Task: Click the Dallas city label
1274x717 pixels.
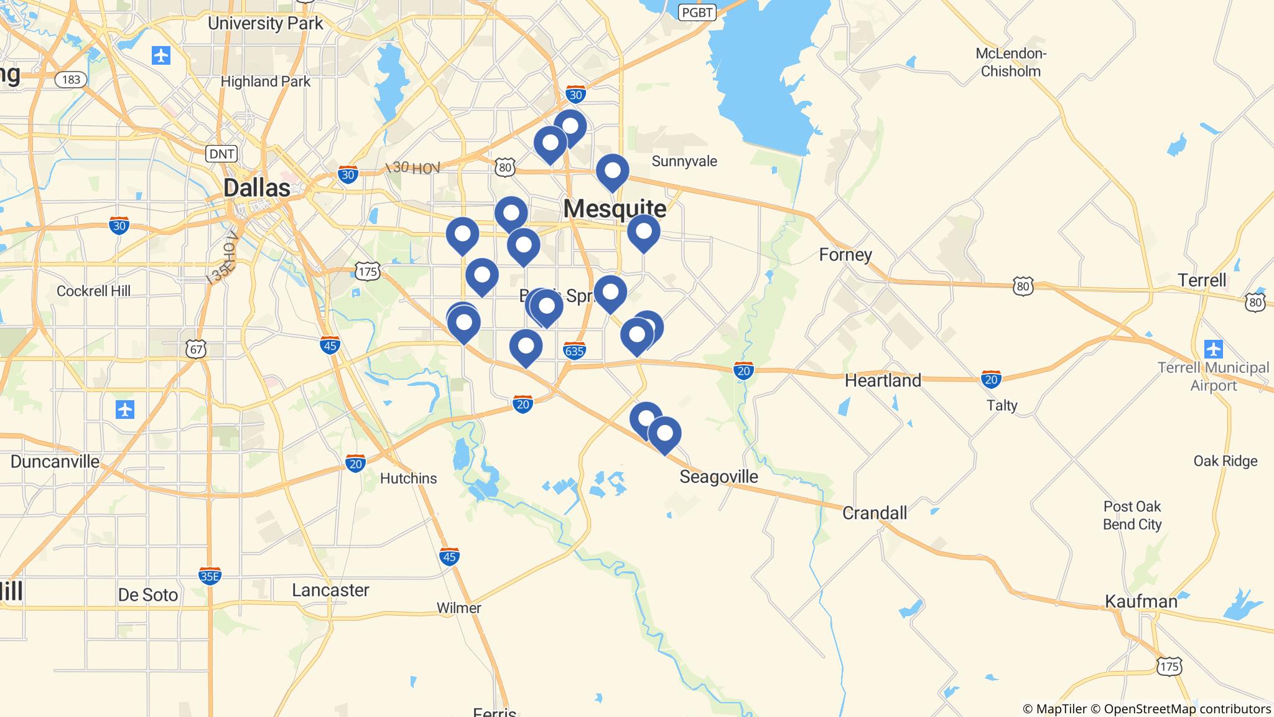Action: point(256,188)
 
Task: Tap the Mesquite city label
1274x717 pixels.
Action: point(615,209)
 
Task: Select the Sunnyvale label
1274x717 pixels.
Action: point(684,161)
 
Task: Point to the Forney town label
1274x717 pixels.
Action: point(845,255)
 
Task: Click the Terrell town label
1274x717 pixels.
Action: point(1202,280)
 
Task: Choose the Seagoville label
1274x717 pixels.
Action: point(718,477)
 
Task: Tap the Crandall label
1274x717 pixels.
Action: point(874,513)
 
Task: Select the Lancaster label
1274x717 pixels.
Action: point(330,590)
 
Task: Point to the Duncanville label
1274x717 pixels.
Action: point(55,461)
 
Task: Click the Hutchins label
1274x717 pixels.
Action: point(408,478)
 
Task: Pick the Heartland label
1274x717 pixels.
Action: point(882,380)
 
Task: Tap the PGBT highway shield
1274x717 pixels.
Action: point(697,12)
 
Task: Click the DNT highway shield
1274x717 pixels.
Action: point(221,154)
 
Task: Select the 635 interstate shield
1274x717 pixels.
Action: point(574,351)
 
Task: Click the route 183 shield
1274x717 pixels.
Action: point(71,79)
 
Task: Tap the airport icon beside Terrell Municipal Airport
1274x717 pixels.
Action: point(1213,349)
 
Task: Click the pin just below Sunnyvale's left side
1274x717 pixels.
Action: point(612,171)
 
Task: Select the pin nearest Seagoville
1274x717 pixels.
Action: point(664,433)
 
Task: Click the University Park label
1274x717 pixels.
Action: point(266,24)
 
